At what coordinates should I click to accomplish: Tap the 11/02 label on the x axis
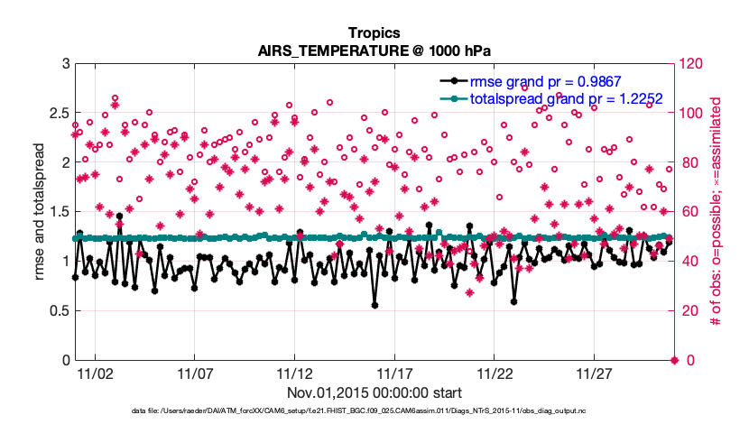click(95, 373)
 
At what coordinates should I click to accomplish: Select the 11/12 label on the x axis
click(294, 373)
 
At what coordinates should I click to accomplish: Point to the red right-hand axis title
click(717, 212)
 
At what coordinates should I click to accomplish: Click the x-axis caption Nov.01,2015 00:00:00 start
click(374, 392)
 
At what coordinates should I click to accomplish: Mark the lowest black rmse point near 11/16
click(374, 305)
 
